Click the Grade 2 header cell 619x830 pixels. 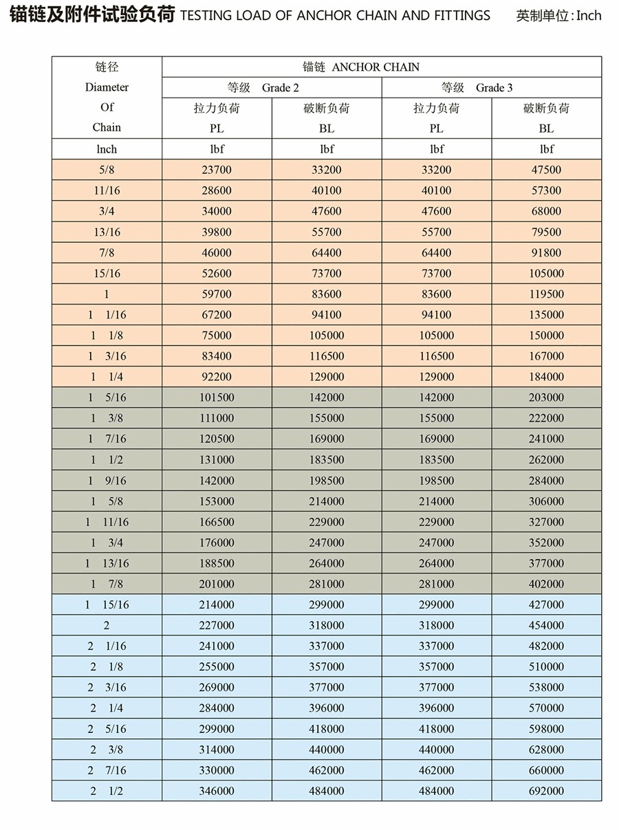[x=272, y=87]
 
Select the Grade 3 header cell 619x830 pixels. [x=491, y=87]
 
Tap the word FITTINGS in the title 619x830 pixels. [x=461, y=14]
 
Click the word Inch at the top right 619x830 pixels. [x=589, y=15]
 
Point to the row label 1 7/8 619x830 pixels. [x=107, y=584]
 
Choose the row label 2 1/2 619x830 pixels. [x=107, y=791]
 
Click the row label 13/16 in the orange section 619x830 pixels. [x=107, y=232]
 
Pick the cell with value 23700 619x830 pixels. [x=217, y=170]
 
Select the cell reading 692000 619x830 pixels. [x=546, y=791]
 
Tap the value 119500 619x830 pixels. [x=546, y=294]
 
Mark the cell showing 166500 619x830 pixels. [x=217, y=522]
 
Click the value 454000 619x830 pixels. [x=546, y=625]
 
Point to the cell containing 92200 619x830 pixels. [x=217, y=377]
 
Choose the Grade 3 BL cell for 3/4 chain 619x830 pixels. [x=546, y=211]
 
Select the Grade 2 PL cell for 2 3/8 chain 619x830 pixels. [x=217, y=750]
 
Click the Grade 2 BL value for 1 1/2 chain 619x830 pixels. [x=327, y=459]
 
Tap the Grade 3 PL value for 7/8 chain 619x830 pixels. [x=437, y=252]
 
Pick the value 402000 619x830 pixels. [x=546, y=584]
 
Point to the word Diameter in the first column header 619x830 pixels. [x=107, y=87]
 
